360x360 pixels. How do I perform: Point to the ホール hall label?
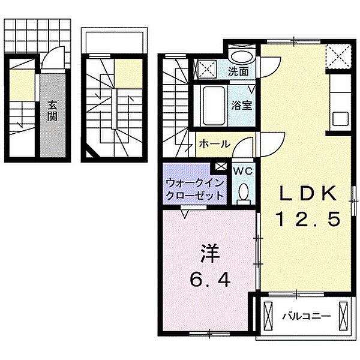click(x=212, y=145)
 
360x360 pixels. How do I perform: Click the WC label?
click(x=244, y=170)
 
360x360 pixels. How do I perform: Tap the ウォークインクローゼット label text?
click(x=195, y=188)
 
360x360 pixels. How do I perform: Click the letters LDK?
click(x=307, y=193)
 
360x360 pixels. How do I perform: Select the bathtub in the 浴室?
click(x=212, y=103)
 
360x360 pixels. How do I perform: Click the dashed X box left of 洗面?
click(x=208, y=68)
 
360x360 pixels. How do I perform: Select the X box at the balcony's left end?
click(x=268, y=314)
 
